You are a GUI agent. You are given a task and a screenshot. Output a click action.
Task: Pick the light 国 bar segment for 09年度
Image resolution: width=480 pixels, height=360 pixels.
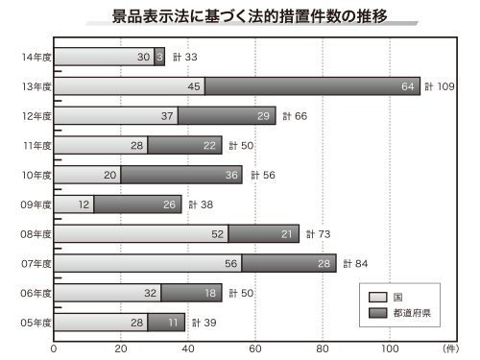(x=74, y=204)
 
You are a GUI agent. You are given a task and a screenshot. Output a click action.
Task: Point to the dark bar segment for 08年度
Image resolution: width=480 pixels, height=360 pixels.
(x=263, y=233)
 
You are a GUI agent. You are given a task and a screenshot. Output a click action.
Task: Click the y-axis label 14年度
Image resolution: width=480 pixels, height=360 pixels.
(x=36, y=58)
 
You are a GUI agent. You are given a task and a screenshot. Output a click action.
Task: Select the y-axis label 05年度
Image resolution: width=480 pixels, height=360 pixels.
(x=36, y=322)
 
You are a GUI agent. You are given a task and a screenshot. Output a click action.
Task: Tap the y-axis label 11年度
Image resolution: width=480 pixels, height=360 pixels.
(x=36, y=146)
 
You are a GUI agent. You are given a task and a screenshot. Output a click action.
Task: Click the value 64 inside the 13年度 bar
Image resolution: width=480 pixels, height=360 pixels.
(x=408, y=87)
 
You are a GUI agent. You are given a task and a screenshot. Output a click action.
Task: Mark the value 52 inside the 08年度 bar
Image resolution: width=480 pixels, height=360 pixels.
(x=217, y=234)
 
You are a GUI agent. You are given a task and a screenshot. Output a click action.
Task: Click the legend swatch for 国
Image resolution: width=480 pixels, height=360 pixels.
(x=377, y=297)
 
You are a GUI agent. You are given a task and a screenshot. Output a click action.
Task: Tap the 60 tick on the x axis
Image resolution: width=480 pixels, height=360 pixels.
(x=255, y=348)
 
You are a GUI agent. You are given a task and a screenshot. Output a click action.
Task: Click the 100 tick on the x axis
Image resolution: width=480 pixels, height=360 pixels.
(x=390, y=348)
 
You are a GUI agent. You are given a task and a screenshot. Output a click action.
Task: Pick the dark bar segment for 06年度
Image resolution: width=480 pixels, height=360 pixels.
(x=191, y=293)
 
